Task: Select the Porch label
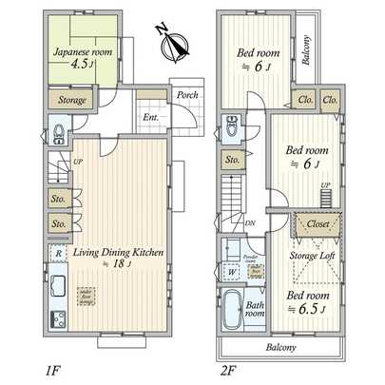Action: (x=185, y=95)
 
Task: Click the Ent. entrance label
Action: (x=151, y=117)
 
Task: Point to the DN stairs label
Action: (x=249, y=224)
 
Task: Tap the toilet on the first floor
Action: (x=58, y=132)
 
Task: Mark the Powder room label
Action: (x=251, y=256)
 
